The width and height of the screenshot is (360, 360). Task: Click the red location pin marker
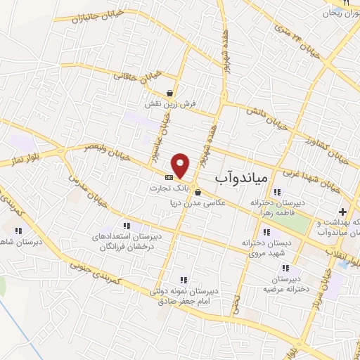point(181,165)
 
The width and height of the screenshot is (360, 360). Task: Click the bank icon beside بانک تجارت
point(168,177)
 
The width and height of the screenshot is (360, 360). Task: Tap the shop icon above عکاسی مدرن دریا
point(198,193)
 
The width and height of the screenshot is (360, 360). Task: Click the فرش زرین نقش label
point(170,104)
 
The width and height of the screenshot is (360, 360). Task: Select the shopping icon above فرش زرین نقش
point(170,93)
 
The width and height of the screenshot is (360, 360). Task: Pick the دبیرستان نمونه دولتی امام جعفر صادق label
point(184,296)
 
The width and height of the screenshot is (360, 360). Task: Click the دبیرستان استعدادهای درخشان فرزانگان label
point(127,242)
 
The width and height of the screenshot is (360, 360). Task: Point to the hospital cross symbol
point(342,211)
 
